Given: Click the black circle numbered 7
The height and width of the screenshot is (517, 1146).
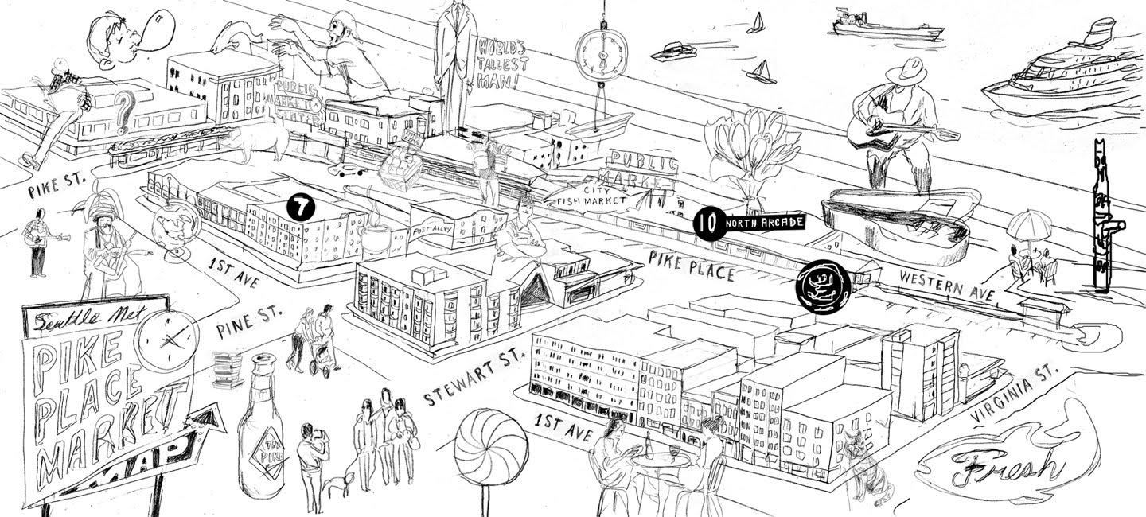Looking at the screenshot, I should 301,208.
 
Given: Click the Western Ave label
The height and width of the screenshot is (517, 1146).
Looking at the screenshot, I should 946,284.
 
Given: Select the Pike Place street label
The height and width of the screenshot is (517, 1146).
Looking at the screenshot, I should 690,266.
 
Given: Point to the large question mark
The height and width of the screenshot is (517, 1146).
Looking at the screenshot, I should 123,111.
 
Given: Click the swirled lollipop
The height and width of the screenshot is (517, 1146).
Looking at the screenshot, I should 490,446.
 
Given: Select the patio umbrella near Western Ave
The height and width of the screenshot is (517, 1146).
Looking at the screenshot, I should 1029,224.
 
